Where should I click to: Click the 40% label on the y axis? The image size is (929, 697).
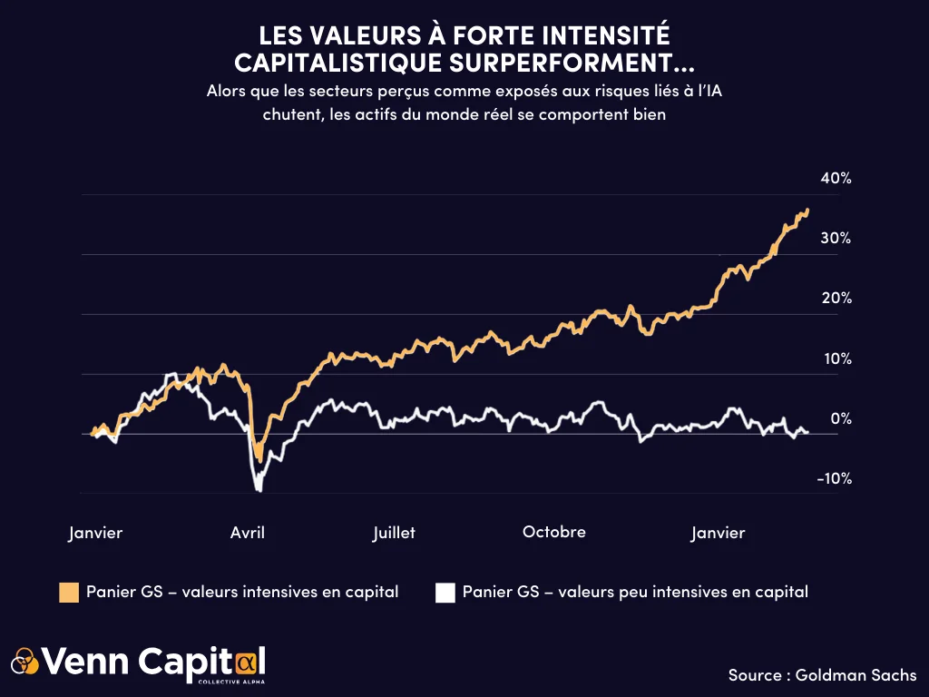click(836, 179)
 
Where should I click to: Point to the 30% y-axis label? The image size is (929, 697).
click(836, 239)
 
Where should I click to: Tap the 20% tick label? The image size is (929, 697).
click(836, 299)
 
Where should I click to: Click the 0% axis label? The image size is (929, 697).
click(840, 419)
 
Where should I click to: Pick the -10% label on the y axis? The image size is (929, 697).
click(833, 479)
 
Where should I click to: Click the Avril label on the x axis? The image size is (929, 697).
click(248, 533)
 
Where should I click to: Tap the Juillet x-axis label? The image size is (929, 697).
click(394, 533)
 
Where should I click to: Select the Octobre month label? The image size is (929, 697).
click(554, 532)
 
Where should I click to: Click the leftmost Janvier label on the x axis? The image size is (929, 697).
click(95, 533)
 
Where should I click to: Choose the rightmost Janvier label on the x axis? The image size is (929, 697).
click(718, 533)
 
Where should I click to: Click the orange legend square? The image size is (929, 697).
click(69, 593)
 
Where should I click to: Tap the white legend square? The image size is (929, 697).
click(445, 593)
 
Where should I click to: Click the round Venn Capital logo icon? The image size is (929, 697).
click(25, 661)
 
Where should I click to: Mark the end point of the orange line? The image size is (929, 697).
click(807, 211)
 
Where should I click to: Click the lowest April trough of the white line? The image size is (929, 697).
click(259, 490)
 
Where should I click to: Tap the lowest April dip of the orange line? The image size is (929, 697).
click(259, 458)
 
